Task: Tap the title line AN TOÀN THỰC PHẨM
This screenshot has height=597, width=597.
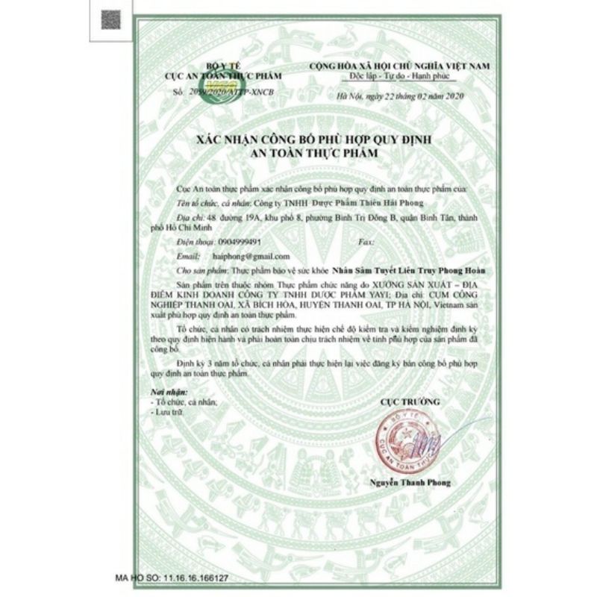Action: pos(298,151)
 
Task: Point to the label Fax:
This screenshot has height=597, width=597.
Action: pos(366,243)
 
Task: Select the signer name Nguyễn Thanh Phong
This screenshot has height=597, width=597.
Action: pos(410,484)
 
